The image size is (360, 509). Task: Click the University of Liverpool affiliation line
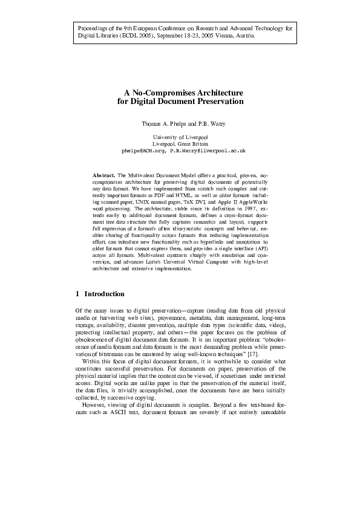click(180, 138)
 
